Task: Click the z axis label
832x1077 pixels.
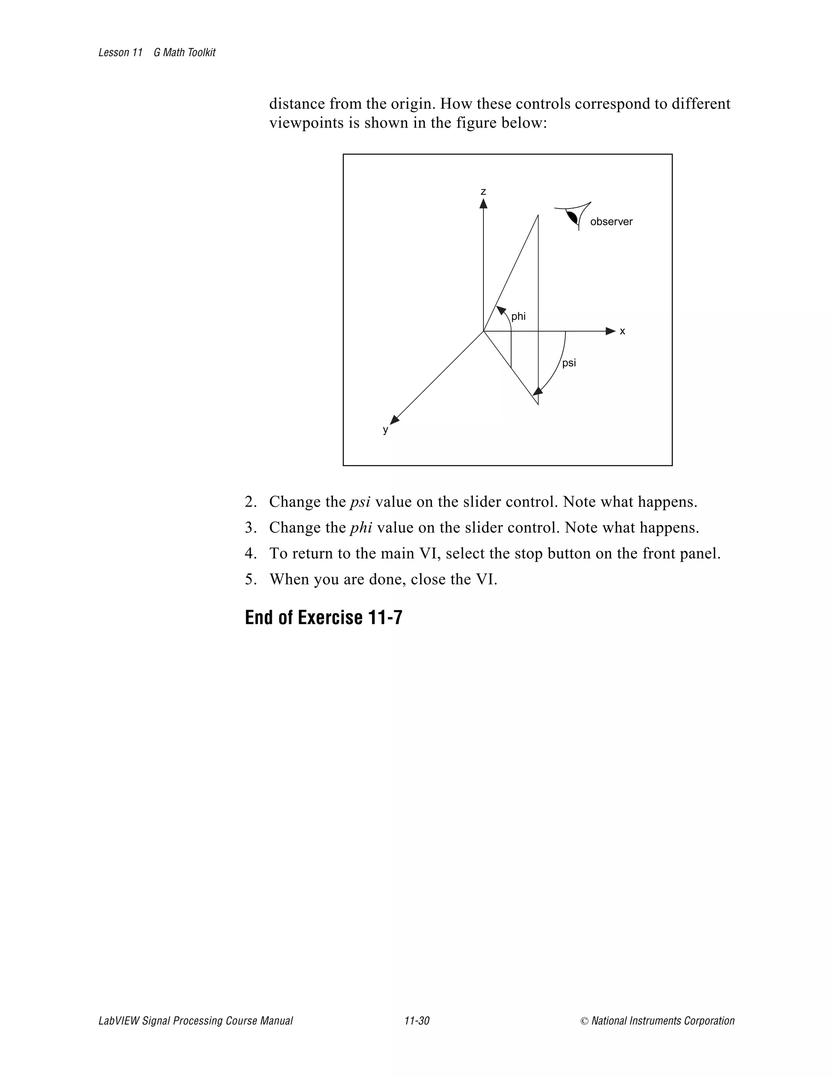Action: (x=483, y=191)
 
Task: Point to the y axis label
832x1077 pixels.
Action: (x=386, y=430)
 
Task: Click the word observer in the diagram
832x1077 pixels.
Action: (x=611, y=222)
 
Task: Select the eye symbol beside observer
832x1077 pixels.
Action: (x=573, y=217)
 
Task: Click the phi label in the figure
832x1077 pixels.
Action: (x=518, y=317)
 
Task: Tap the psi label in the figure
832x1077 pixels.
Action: (x=569, y=363)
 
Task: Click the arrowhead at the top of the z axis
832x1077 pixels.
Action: (x=483, y=203)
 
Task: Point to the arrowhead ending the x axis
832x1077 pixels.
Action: (x=611, y=331)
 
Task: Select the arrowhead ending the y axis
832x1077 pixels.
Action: (x=394, y=420)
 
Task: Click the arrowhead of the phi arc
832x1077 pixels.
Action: (x=501, y=310)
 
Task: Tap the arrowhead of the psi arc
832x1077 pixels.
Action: (x=538, y=391)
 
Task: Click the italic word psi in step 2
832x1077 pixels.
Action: (x=360, y=502)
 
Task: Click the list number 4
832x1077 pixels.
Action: (x=250, y=554)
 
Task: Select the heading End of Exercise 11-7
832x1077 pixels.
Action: (x=323, y=617)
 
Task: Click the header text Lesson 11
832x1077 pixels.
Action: (x=121, y=53)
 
